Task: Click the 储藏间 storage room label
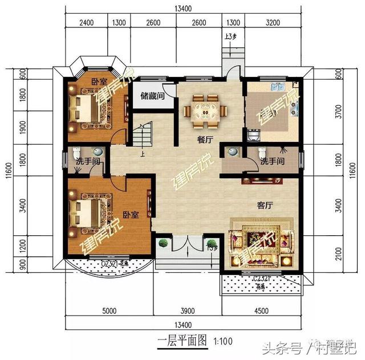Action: pos(152,96)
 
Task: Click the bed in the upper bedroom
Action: pos(85,107)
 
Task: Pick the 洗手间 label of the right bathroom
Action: pos(273,162)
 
